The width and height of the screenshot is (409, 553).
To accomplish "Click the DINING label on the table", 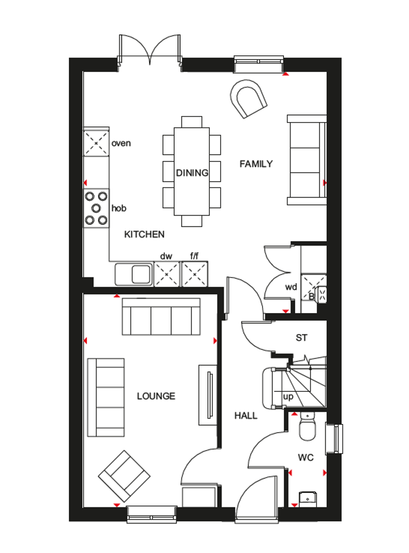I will pyautogui.click(x=192, y=173).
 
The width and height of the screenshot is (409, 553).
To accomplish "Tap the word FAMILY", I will pyautogui.click(x=256, y=164).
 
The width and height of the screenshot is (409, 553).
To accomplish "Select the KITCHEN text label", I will pyautogui.click(x=144, y=234).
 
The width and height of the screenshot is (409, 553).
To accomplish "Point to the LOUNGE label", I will pyautogui.click(x=156, y=396).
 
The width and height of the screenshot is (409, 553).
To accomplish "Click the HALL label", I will pyautogui.click(x=246, y=416).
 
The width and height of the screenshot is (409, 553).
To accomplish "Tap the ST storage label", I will pyautogui.click(x=301, y=338).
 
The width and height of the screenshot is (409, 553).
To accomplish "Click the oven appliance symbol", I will pyautogui.click(x=96, y=142).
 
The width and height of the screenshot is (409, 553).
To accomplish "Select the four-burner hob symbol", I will pyautogui.click(x=96, y=208).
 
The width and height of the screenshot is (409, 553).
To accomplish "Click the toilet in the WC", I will pyautogui.click(x=306, y=429).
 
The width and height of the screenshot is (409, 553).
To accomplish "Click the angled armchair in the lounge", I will pyautogui.click(x=123, y=475).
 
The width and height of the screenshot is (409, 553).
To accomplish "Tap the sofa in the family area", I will pyautogui.click(x=306, y=159).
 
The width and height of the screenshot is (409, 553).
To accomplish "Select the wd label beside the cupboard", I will pyautogui.click(x=290, y=287).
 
